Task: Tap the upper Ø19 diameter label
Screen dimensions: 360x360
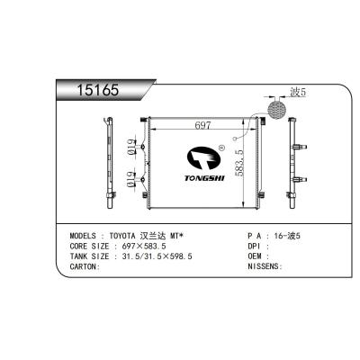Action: click(131, 148)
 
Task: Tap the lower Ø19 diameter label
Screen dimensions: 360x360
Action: click(131, 184)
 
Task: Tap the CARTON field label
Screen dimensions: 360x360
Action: click(87, 267)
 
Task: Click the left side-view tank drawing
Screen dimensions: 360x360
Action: click(109, 162)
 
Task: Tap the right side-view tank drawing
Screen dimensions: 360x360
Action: click(295, 162)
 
